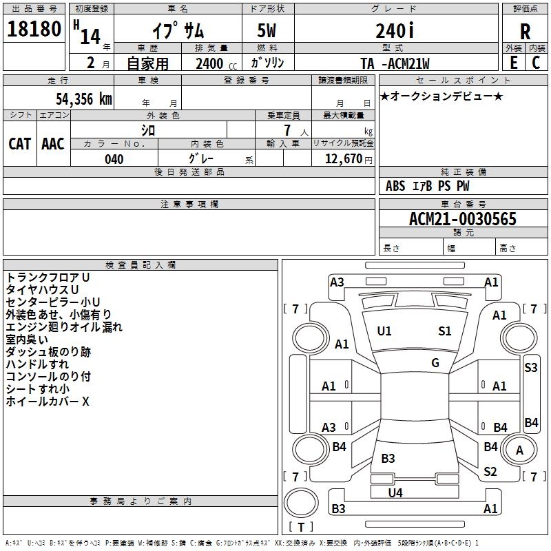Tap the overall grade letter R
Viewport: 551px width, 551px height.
(525, 32)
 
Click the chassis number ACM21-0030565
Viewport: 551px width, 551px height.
(462, 220)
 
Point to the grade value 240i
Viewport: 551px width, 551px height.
(395, 31)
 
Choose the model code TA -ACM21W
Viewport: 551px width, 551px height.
(395, 63)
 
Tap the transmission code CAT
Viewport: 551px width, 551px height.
(19, 144)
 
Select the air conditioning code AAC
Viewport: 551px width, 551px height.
(52, 144)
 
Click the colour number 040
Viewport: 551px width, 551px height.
(114, 159)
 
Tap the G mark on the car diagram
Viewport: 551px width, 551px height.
(435, 363)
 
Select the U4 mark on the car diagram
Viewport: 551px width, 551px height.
(395, 492)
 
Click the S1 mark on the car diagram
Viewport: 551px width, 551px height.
(445, 331)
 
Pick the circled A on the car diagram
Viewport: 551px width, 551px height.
(520, 450)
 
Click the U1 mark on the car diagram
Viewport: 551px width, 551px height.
(384, 331)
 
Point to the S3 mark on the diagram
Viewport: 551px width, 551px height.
(530, 368)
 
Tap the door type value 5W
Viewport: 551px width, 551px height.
(268, 31)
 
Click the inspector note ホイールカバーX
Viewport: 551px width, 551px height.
(48, 402)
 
